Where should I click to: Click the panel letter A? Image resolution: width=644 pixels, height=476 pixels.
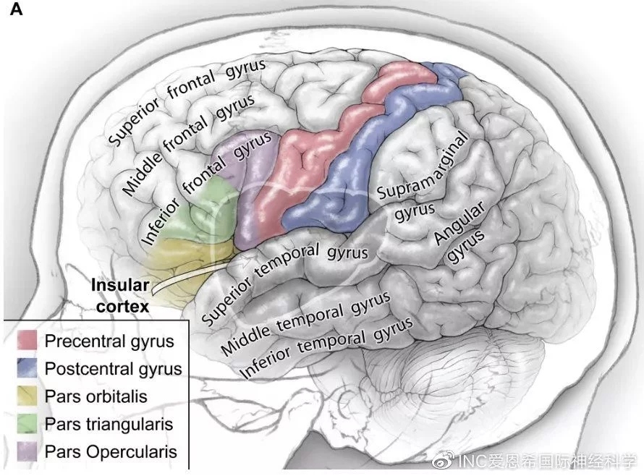[x=16, y=9]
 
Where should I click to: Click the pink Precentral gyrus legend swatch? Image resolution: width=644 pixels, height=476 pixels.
[x=27, y=340]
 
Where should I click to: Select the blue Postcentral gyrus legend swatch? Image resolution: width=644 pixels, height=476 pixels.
[x=27, y=367]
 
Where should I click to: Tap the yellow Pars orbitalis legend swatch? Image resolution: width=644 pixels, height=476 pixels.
[x=27, y=396]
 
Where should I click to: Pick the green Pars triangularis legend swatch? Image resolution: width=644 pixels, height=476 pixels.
[x=27, y=423]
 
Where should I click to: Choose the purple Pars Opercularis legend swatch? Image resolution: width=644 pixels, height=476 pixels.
[x=27, y=451]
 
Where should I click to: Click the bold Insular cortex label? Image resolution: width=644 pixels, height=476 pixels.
[x=120, y=296]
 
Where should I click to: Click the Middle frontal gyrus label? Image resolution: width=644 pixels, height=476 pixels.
[x=189, y=144]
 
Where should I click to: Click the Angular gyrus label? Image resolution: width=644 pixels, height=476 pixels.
[x=460, y=232]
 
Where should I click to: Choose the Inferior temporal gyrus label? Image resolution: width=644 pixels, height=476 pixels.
[x=326, y=347]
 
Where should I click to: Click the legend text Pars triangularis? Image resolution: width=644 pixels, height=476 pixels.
[x=109, y=424]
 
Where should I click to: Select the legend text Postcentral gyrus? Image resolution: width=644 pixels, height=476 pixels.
[x=114, y=369]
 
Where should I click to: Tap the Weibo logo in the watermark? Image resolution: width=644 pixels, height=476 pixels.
[x=445, y=459]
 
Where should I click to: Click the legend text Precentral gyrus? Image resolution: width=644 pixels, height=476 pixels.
[x=109, y=341]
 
